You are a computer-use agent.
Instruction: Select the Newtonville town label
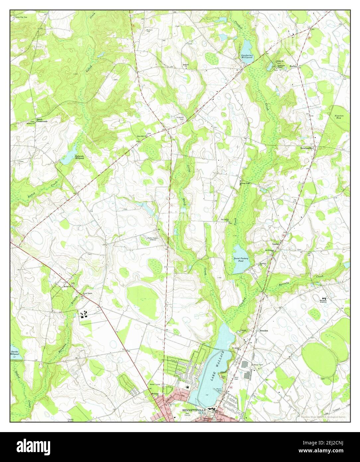tap(307, 148)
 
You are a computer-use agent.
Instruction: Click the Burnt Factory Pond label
tap(241, 260)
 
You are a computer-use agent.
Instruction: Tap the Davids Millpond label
tap(14, 353)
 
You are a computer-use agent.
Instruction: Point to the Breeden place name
tap(263, 331)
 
